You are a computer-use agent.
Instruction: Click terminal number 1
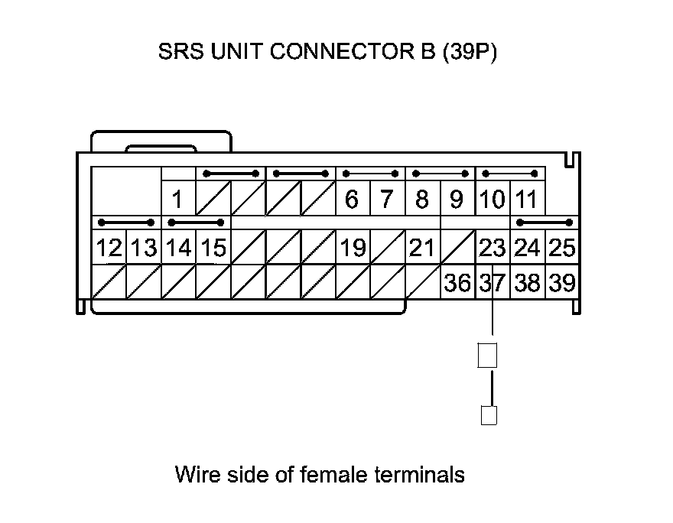click(177, 200)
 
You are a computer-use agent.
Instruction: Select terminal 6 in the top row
click(352, 200)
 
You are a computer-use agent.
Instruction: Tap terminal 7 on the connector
click(387, 200)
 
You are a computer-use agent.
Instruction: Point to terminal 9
click(457, 200)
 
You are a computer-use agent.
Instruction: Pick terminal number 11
click(526, 200)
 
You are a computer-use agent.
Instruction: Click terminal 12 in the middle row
click(109, 249)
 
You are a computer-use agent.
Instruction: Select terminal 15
click(213, 249)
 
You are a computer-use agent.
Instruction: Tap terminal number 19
click(352, 249)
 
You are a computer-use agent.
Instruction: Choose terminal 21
click(421, 249)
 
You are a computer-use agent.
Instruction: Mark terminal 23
click(492, 249)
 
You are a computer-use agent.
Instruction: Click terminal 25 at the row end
click(562, 249)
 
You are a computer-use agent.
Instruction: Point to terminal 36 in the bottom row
click(457, 284)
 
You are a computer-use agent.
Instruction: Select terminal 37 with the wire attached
click(492, 284)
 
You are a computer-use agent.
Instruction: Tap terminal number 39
click(562, 284)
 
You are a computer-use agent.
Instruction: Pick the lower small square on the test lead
click(488, 415)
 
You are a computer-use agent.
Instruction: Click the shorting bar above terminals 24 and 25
click(545, 223)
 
